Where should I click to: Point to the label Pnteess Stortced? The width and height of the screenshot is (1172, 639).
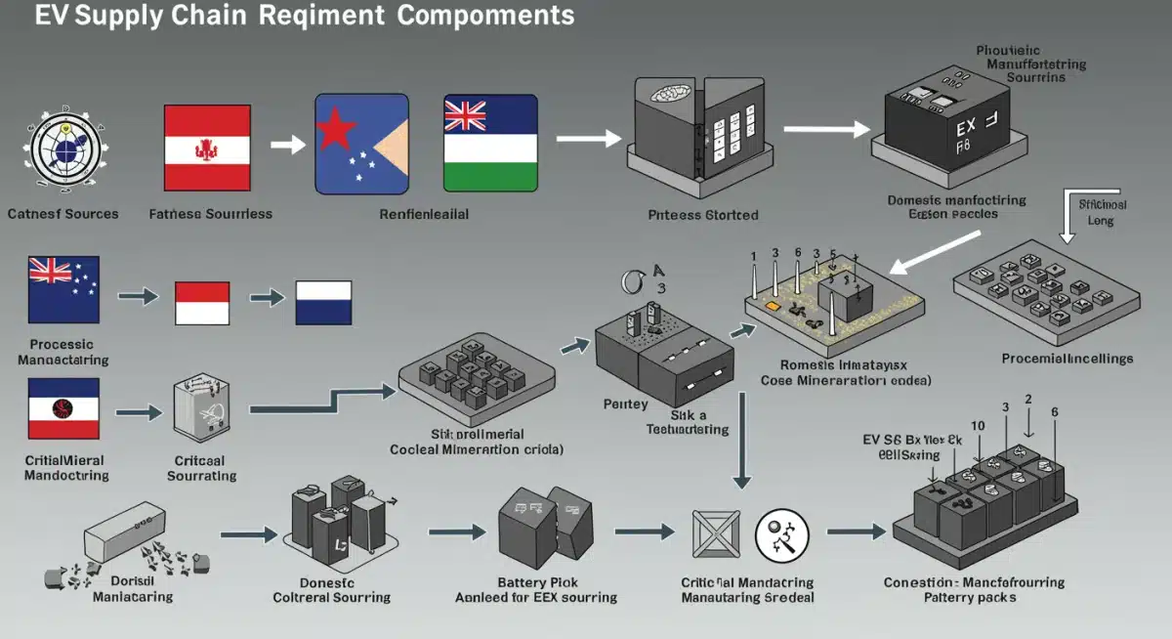tap(702, 215)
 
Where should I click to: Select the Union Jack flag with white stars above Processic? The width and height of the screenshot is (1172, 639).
tap(63, 288)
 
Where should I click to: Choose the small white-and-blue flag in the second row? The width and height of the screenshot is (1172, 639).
tap(323, 303)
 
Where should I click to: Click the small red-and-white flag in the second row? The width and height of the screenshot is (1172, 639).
tap(202, 303)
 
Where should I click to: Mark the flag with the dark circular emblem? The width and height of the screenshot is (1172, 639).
tap(63, 408)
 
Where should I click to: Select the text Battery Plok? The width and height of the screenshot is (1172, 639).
tap(536, 582)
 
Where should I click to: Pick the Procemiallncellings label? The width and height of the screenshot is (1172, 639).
tap(1067, 359)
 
